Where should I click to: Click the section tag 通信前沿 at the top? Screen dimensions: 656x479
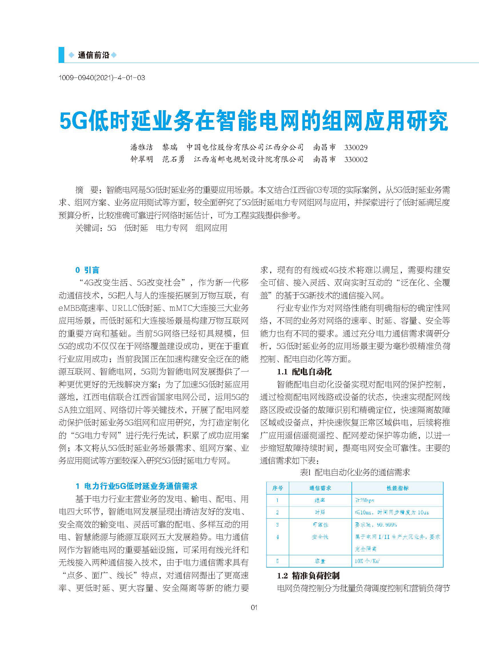(93, 55)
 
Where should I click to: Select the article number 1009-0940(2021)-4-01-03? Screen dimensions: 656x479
(102, 78)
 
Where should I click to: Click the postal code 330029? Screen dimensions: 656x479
(356, 147)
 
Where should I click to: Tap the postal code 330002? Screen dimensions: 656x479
(356, 159)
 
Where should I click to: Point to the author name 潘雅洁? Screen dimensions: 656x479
(141, 147)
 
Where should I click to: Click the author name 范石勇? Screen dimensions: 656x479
(173, 159)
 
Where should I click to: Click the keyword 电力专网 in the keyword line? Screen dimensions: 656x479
(172, 228)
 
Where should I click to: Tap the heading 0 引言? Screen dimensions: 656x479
(87, 270)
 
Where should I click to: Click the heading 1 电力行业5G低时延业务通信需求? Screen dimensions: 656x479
(136, 486)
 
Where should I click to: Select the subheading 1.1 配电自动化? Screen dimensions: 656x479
(304, 372)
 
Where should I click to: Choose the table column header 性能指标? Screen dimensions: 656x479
(398, 488)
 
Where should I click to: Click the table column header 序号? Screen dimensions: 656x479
(278, 488)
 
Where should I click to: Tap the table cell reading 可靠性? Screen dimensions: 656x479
(320, 525)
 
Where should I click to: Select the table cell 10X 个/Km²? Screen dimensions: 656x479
(367, 561)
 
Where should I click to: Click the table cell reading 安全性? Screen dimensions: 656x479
(320, 537)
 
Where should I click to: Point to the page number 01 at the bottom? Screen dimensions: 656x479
(254, 607)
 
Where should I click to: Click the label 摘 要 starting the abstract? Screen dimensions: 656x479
(87, 190)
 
